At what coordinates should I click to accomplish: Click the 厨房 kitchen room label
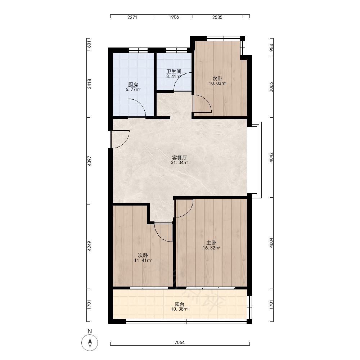pos(133,85)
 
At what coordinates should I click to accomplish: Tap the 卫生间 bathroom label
pos(174,71)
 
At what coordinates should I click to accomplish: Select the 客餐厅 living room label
pos(180,158)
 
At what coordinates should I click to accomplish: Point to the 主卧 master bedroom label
pos(211,243)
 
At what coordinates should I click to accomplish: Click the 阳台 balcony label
pos(180,304)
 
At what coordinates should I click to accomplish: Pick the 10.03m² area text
pos(217,84)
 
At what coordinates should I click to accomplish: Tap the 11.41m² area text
pos(143,260)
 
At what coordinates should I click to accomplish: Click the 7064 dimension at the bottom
pos(180,342)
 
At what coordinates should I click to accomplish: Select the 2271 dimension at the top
pos(132,17)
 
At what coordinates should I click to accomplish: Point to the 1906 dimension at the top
pos(174,17)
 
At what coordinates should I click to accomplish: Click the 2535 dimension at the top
pos(217,17)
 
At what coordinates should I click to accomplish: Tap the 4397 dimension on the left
pos(89,161)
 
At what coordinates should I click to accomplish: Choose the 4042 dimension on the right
pos(271,158)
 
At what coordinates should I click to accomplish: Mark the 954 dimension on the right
pos(271,48)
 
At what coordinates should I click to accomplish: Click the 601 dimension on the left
pos(89,44)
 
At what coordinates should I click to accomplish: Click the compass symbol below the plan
pos(90,343)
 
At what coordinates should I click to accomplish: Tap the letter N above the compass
pos(90,331)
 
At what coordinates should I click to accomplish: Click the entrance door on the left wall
pos(120,139)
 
